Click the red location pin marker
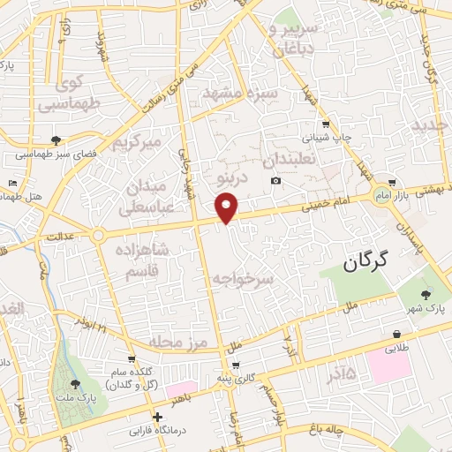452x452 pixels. point(228,207)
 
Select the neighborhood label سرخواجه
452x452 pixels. point(244,278)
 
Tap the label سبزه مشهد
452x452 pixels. point(240,93)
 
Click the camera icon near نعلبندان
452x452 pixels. point(276,181)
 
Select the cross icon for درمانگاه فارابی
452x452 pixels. point(158,417)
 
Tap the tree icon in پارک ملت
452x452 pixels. point(75,384)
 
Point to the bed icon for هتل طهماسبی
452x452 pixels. point(11,183)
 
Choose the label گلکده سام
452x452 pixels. point(132,378)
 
